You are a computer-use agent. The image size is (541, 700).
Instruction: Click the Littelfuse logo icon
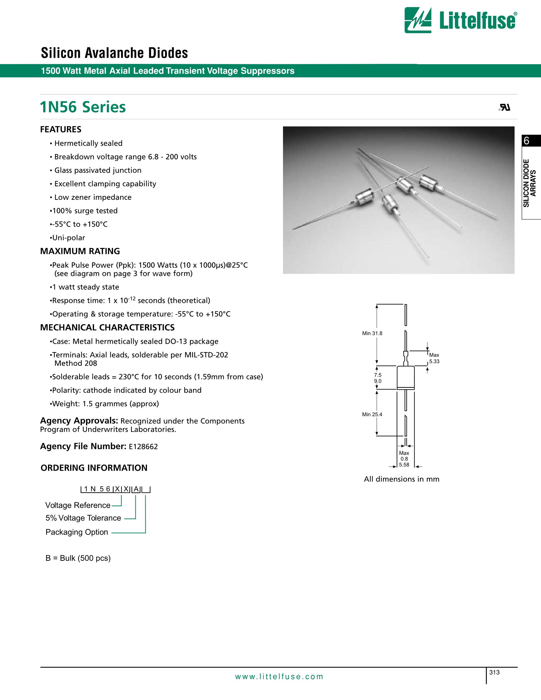pyautogui.click(x=418, y=20)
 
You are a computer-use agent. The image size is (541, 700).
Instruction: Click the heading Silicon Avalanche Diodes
pyautogui.click(x=115, y=53)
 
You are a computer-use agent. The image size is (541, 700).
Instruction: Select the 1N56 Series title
pyautogui.click(x=83, y=107)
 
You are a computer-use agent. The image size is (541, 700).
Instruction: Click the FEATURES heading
pyautogui.click(x=61, y=130)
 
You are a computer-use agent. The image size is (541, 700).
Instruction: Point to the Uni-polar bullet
pyautogui.click(x=68, y=238)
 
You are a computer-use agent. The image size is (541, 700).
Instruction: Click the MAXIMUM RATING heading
pyautogui.click(x=80, y=251)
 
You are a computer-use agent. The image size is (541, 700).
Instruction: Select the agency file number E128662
pyautogui.click(x=143, y=447)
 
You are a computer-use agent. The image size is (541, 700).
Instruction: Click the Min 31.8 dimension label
pyautogui.click(x=372, y=333)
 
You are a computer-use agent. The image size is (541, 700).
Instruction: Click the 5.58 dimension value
pyautogui.click(x=404, y=465)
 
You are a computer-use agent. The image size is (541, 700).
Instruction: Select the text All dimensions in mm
pyautogui.click(x=401, y=479)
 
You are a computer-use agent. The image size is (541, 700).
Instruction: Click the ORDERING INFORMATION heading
pyautogui.click(x=94, y=468)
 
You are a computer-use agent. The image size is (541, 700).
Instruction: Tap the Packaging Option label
pyautogui.click(x=77, y=532)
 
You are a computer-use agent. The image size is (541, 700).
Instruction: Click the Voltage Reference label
pyautogui.click(x=78, y=505)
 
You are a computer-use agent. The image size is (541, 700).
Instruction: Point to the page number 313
pyautogui.click(x=494, y=672)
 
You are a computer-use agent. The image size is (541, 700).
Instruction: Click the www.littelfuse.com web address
pyautogui.click(x=279, y=677)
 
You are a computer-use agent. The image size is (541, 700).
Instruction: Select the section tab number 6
pyautogui.click(x=526, y=141)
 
